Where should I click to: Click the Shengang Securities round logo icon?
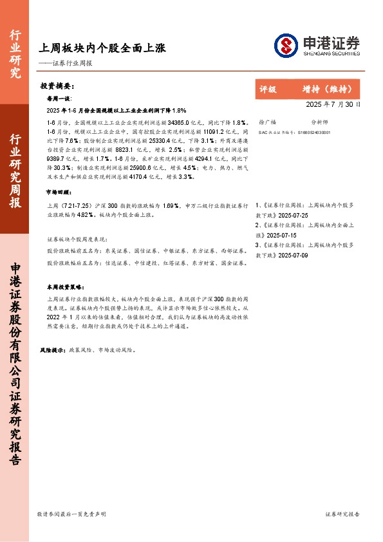point(285,45)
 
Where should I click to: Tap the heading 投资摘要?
point(57,86)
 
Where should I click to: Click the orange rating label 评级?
point(268,89)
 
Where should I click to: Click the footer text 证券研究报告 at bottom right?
point(342,514)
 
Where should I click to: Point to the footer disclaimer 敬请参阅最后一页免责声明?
point(71,514)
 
